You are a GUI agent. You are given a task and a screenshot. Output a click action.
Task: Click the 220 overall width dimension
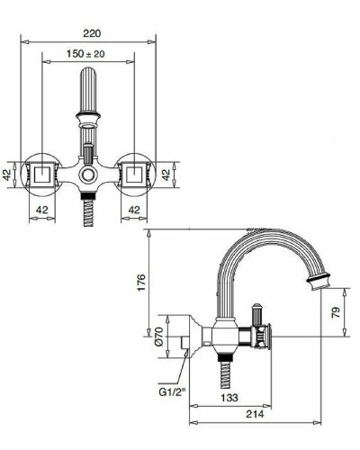[88, 33]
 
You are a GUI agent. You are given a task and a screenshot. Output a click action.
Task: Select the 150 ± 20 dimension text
[88, 54]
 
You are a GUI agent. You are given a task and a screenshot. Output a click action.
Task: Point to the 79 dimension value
[335, 313]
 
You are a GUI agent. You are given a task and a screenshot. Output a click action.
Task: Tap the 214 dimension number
[256, 417]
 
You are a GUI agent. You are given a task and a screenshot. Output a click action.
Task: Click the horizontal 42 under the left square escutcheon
[41, 210]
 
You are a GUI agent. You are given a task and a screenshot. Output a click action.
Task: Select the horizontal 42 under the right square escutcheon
[134, 210]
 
